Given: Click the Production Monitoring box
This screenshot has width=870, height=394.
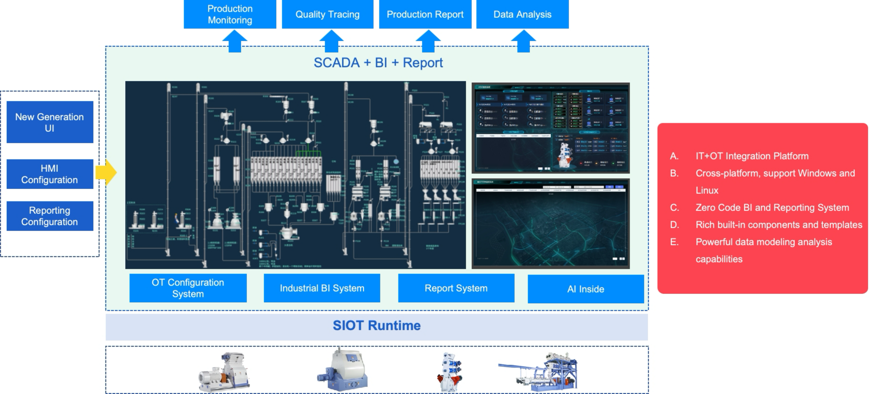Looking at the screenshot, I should (x=230, y=14).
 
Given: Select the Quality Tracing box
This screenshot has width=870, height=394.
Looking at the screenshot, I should (x=327, y=14).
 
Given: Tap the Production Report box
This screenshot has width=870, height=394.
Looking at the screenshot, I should (x=425, y=14).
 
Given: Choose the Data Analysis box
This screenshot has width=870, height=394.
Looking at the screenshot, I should (x=522, y=14).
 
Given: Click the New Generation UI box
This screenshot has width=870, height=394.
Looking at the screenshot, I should (x=50, y=122).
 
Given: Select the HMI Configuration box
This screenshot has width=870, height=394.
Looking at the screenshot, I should (x=50, y=174).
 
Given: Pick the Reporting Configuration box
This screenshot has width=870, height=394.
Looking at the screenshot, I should (x=50, y=216).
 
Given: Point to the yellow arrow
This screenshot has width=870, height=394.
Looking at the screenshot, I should (x=106, y=172).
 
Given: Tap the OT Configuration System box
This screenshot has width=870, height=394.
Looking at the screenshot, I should (x=188, y=288).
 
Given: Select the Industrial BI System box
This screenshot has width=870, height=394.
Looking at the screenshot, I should (x=322, y=288).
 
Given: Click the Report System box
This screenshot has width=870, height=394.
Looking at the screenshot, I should (x=456, y=288).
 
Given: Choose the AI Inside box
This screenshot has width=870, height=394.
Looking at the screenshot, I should (x=586, y=289).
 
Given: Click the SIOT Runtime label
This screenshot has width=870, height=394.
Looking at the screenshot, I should (x=377, y=325).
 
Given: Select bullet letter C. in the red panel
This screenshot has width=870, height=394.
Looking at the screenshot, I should (x=674, y=207).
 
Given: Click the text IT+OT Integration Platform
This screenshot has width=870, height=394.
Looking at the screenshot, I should (x=752, y=156).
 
